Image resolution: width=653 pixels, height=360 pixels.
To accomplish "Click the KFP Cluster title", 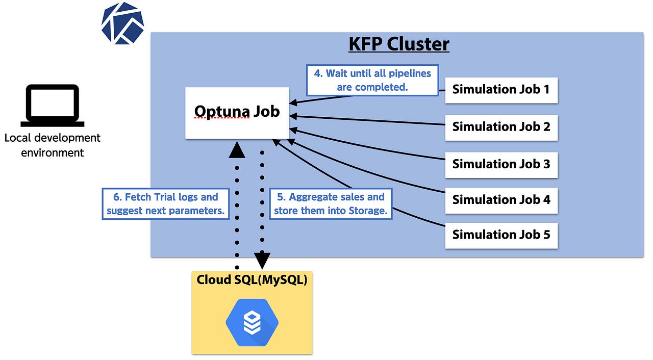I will point(398,44).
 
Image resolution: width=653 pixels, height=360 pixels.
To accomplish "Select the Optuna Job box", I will point(237,113).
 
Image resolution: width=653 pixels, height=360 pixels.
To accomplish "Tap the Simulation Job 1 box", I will point(501,90).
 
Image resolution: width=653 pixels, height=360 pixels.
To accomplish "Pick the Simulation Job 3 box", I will point(501,165).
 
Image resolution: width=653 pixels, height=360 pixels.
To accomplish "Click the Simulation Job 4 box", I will point(501,200).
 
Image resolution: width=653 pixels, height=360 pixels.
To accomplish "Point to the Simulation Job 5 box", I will point(501,236).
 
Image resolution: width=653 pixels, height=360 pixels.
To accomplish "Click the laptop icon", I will point(53,106).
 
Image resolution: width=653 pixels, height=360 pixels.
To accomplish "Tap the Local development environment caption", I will point(53,145).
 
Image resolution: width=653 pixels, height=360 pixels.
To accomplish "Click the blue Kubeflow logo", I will point(122,23).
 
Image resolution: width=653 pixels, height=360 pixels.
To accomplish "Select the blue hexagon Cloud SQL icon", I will point(252,323).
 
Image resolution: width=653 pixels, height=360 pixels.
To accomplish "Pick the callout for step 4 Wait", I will point(372,80).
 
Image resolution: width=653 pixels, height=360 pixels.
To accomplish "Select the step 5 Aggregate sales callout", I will point(330,204).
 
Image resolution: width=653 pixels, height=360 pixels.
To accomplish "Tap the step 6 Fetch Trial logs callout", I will point(166,204).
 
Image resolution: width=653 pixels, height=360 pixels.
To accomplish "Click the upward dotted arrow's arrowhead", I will point(237,149).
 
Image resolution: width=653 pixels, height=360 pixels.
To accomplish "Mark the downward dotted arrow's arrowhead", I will point(262,261).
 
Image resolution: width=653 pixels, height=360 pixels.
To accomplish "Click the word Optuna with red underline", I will point(222,111).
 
